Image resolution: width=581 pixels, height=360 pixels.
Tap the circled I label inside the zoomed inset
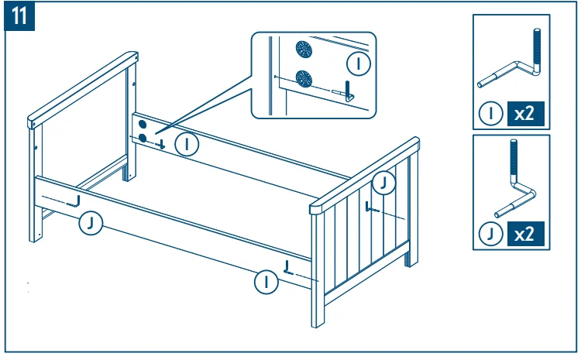(358, 62)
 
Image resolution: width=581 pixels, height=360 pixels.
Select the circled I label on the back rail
(186, 143)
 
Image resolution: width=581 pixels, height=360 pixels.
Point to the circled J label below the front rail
(91, 223)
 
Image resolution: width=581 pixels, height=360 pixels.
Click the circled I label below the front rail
(266, 282)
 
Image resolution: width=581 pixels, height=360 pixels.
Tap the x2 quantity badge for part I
(524, 114)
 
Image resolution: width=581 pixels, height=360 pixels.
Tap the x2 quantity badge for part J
(524, 233)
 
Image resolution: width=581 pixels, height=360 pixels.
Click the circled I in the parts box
(490, 115)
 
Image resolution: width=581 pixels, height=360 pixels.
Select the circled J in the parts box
(490, 234)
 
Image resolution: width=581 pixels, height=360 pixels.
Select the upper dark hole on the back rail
(143, 124)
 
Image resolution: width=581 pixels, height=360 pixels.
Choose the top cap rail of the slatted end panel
(364, 173)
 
